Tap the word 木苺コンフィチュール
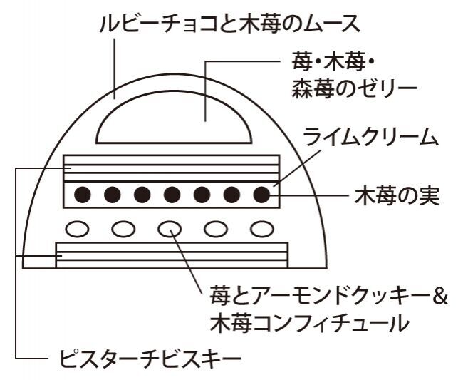point(309,323)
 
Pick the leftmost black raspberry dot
point(83,194)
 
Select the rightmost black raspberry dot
point(262,194)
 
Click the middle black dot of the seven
point(172,194)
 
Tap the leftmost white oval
point(78,229)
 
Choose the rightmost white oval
point(263,229)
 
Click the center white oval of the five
point(170,229)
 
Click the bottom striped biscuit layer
point(171,254)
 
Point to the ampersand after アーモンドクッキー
point(440,294)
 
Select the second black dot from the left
point(113,194)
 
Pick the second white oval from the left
point(124,229)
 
